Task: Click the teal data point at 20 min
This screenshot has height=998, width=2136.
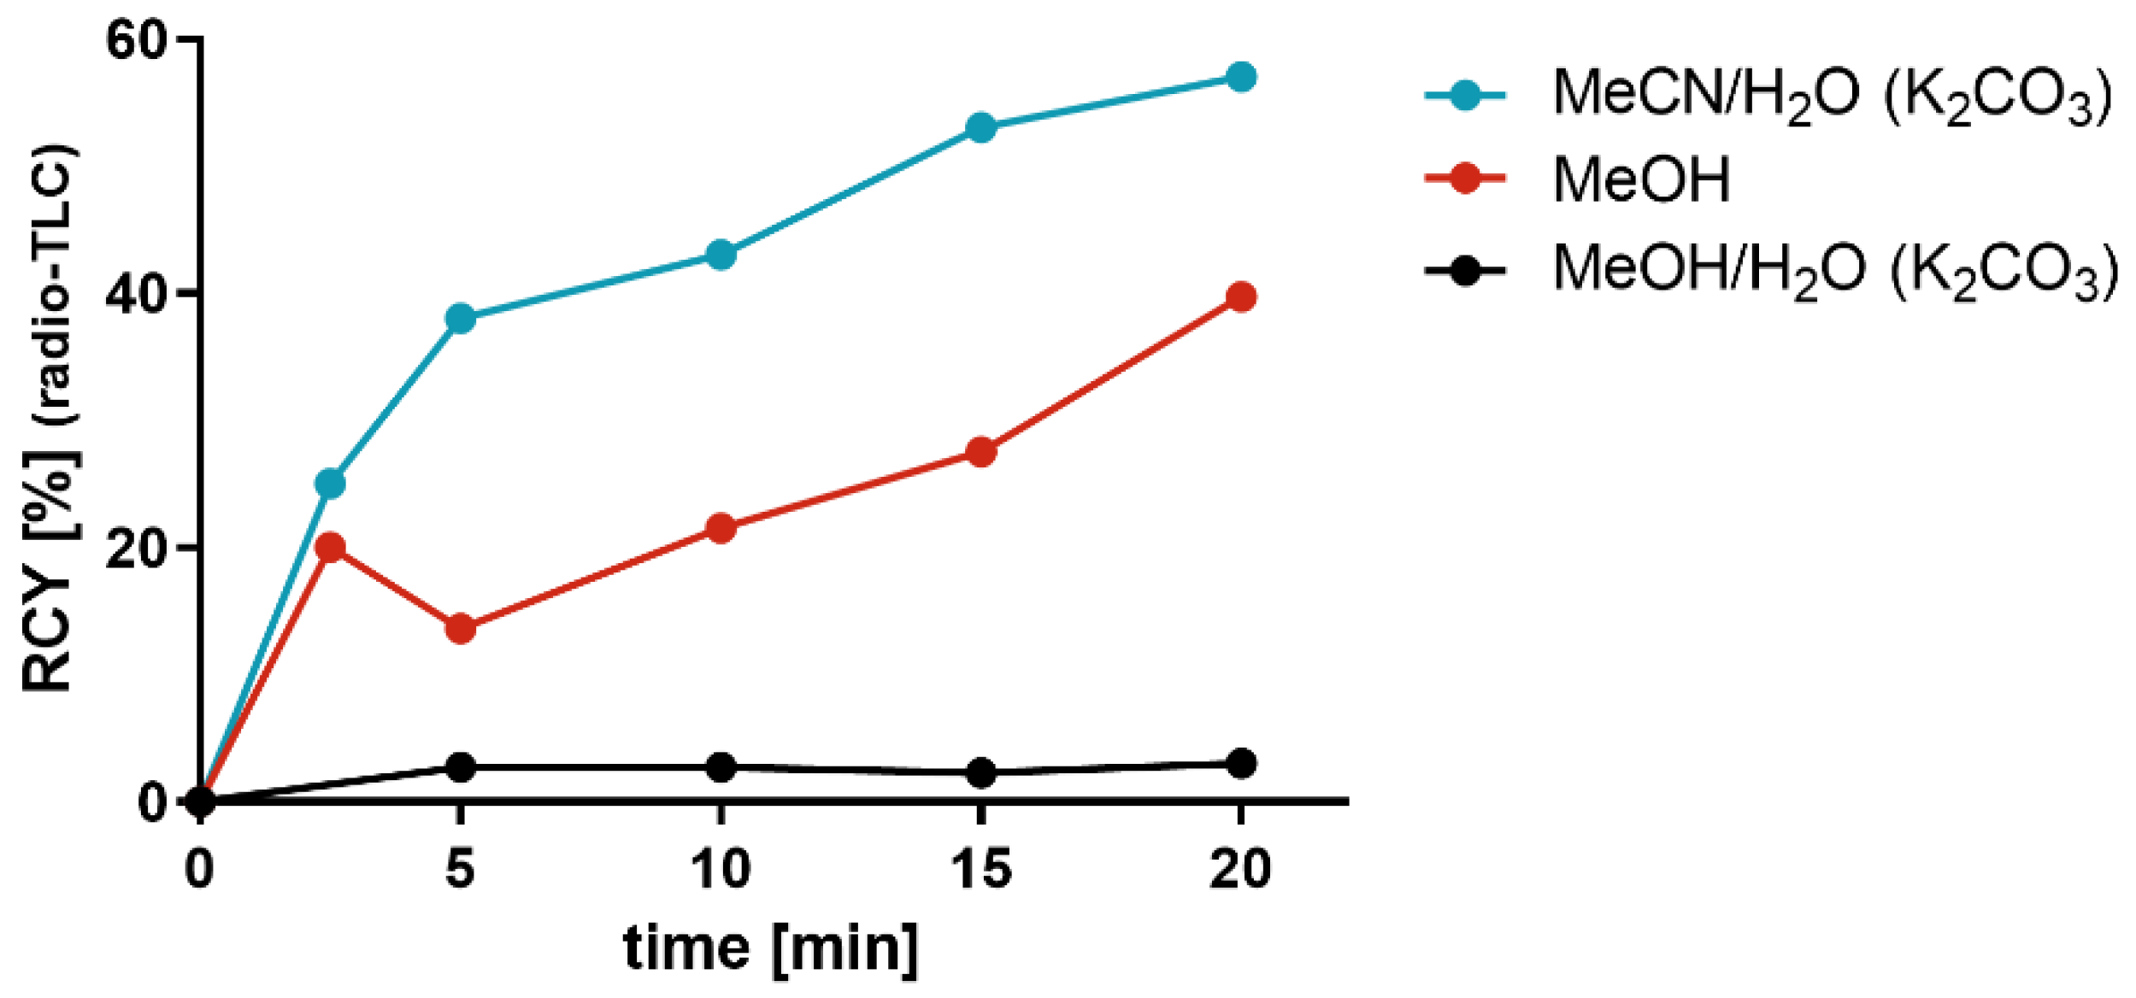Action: coord(1240,78)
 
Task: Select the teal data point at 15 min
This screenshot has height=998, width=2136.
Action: coord(980,128)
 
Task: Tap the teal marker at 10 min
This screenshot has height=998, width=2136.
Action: coord(721,255)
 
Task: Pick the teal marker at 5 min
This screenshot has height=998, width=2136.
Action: coord(460,319)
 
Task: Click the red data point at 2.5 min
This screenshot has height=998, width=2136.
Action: coord(330,547)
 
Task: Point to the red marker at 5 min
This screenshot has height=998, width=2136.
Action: coord(460,629)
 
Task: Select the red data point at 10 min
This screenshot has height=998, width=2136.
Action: coord(721,528)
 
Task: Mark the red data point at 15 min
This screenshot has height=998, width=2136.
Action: coord(980,452)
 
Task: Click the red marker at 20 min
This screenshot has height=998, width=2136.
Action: coord(1240,297)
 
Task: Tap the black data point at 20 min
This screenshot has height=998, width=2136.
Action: coord(1240,763)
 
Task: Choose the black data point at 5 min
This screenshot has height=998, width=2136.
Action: coord(460,767)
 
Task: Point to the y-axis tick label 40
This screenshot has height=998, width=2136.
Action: coord(134,294)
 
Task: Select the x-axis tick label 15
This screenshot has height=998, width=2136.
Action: coord(980,869)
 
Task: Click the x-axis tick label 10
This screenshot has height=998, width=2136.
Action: coord(720,869)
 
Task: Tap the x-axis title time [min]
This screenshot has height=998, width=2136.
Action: coord(770,949)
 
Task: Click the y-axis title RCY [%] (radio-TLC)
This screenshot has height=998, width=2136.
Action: coord(50,419)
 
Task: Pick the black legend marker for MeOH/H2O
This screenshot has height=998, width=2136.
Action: coord(1464,271)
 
